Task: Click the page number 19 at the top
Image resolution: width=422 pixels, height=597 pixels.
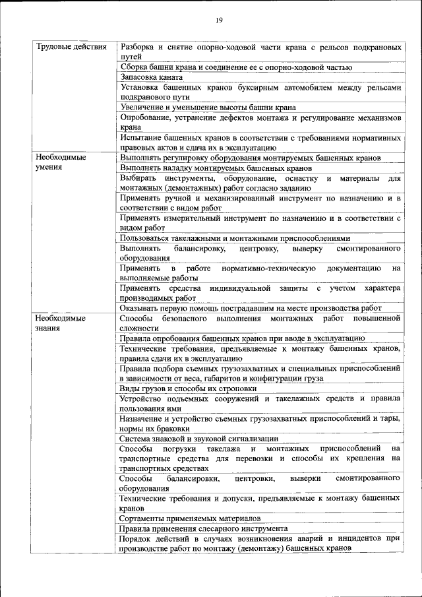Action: [219, 20]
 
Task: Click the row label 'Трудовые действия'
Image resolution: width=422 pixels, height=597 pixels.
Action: [67, 47]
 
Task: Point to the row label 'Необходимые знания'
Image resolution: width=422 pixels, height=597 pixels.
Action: [61, 323]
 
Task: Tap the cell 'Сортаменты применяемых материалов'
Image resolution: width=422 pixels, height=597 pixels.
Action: [190, 518]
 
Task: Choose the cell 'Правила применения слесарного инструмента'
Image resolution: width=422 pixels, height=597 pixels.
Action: [203, 528]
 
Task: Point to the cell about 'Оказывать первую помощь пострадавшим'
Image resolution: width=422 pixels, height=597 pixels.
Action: [251, 307]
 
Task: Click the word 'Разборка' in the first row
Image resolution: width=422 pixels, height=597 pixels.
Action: [138, 47]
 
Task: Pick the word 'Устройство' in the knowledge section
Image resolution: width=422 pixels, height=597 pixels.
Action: [140, 398]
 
